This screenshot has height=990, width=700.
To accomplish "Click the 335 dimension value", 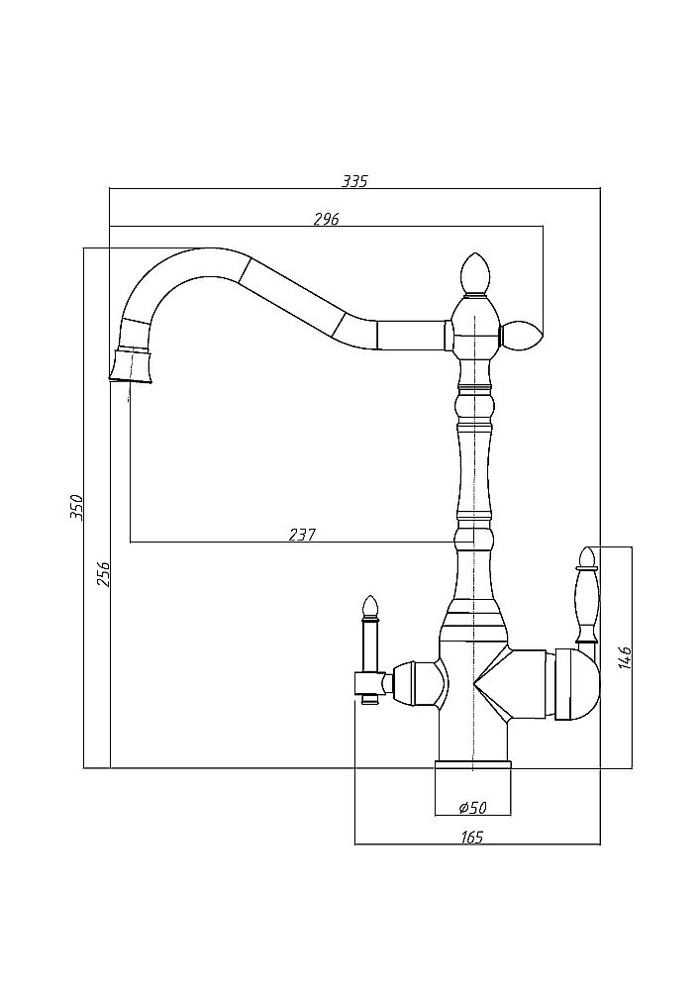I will [353, 181].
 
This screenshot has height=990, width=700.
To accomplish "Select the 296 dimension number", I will [326, 220].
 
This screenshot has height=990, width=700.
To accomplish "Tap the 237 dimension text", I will [301, 535].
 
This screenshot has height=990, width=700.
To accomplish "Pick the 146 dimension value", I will [623, 656].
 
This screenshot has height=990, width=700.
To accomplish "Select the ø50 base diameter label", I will [471, 806].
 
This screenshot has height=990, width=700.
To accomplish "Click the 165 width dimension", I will [471, 838].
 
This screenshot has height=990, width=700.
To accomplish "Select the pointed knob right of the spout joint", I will [522, 337].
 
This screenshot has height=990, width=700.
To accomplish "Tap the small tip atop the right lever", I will [585, 556].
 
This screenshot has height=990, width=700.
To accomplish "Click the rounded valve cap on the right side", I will [578, 684].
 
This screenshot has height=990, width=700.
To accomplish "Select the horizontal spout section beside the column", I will [410, 336].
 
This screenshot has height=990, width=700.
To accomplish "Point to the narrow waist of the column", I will [473, 465].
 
